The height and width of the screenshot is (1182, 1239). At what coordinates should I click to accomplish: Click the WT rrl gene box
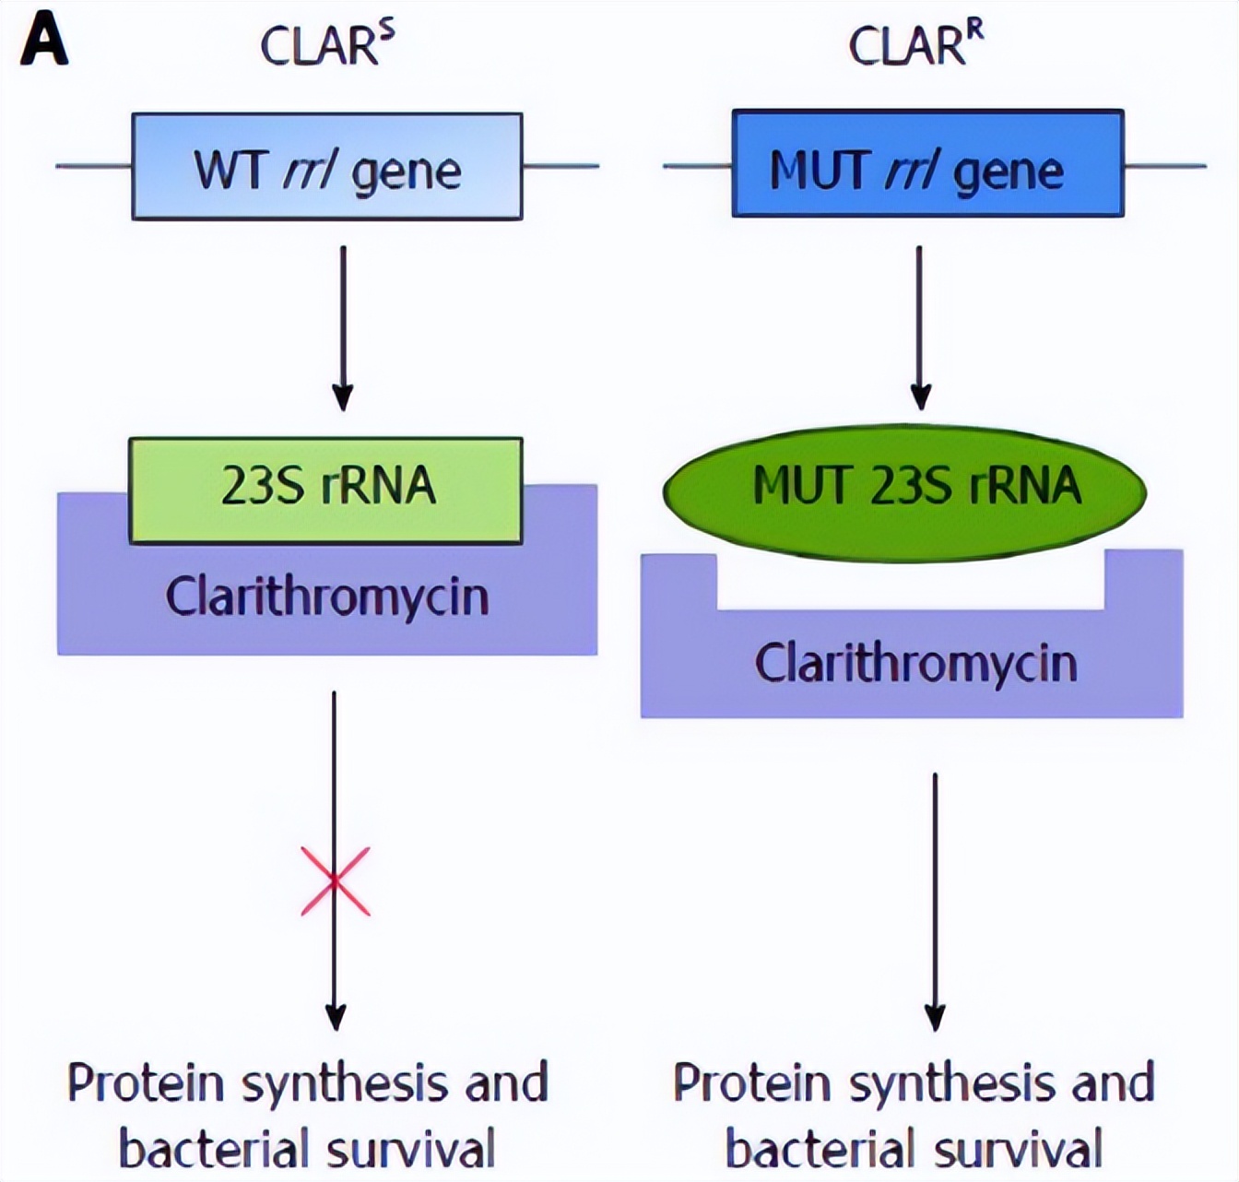tap(327, 167)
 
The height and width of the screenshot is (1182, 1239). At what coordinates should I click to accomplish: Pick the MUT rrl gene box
tap(927, 165)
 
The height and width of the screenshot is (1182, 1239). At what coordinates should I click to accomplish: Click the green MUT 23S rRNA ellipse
tap(904, 490)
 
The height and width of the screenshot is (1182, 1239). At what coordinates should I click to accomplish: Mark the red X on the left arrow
tap(336, 881)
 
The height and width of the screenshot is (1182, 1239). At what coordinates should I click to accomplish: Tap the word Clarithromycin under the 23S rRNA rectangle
tap(327, 597)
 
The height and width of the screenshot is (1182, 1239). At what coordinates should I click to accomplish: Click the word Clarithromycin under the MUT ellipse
tap(915, 663)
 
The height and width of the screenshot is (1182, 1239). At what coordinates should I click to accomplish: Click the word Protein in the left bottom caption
tap(147, 1083)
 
